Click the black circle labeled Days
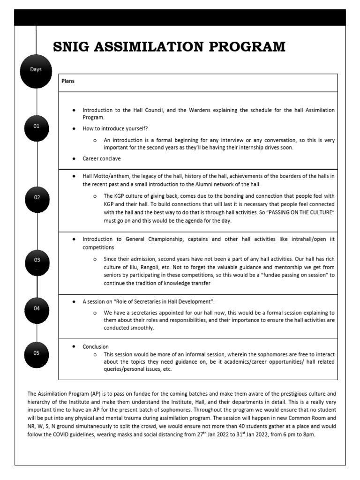click(x=36, y=70)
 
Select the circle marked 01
click(x=37, y=127)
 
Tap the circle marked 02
click(x=37, y=198)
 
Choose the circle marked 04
click(x=37, y=309)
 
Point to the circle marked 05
click(x=37, y=354)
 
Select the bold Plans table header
click(x=68, y=81)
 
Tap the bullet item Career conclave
click(x=101, y=159)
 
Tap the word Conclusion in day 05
click(x=96, y=347)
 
